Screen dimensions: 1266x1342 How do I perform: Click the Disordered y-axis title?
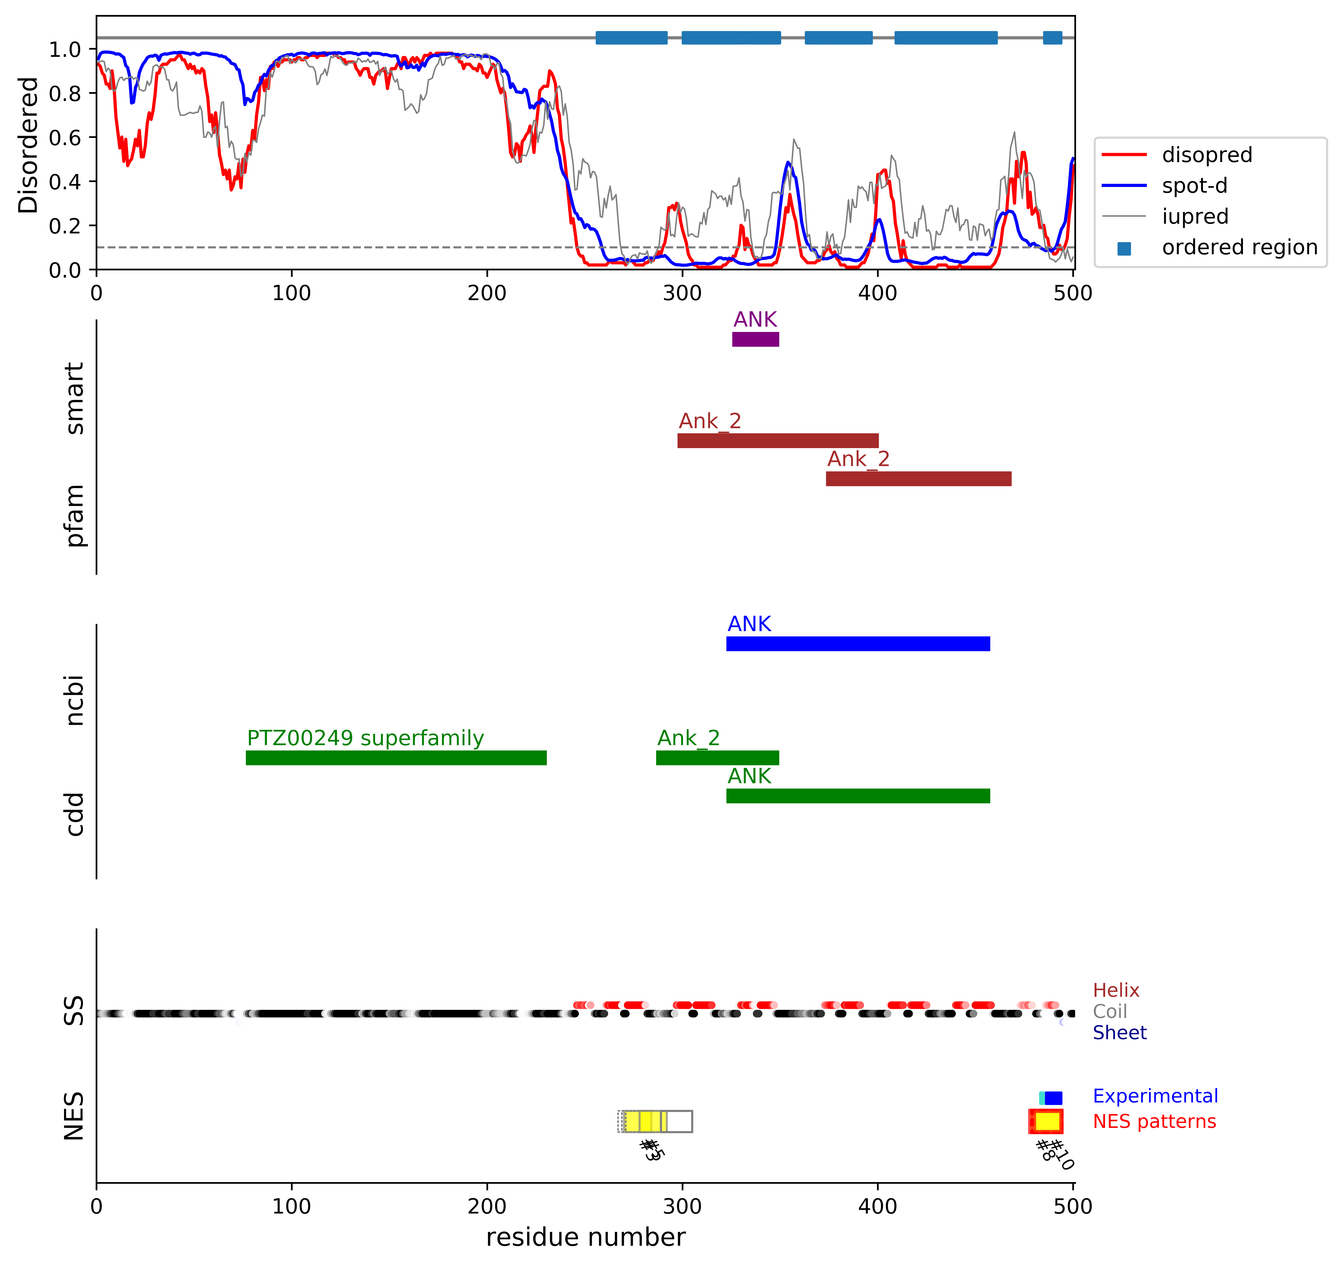(28, 145)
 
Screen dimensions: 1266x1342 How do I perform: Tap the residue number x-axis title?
(585, 1237)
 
